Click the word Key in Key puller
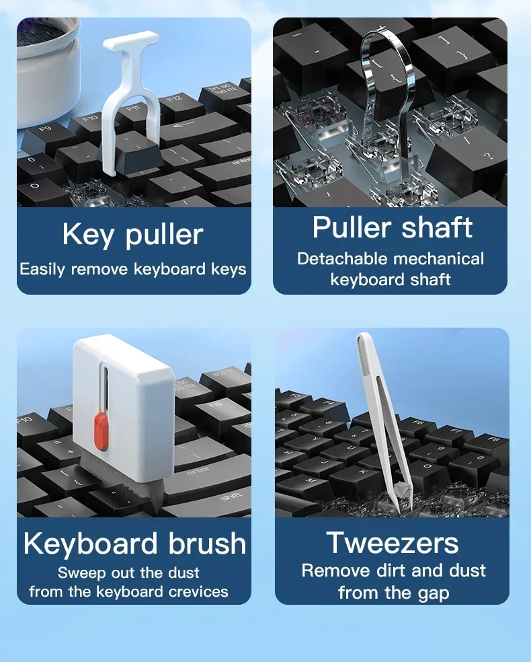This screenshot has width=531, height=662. tap(88, 235)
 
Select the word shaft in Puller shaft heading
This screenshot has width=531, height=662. tap(436, 227)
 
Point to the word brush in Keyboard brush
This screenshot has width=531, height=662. tap(207, 543)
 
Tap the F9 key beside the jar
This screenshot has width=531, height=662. tap(46, 135)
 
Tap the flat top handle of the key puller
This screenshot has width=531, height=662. tap(131, 41)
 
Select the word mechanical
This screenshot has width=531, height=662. tap(439, 259)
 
